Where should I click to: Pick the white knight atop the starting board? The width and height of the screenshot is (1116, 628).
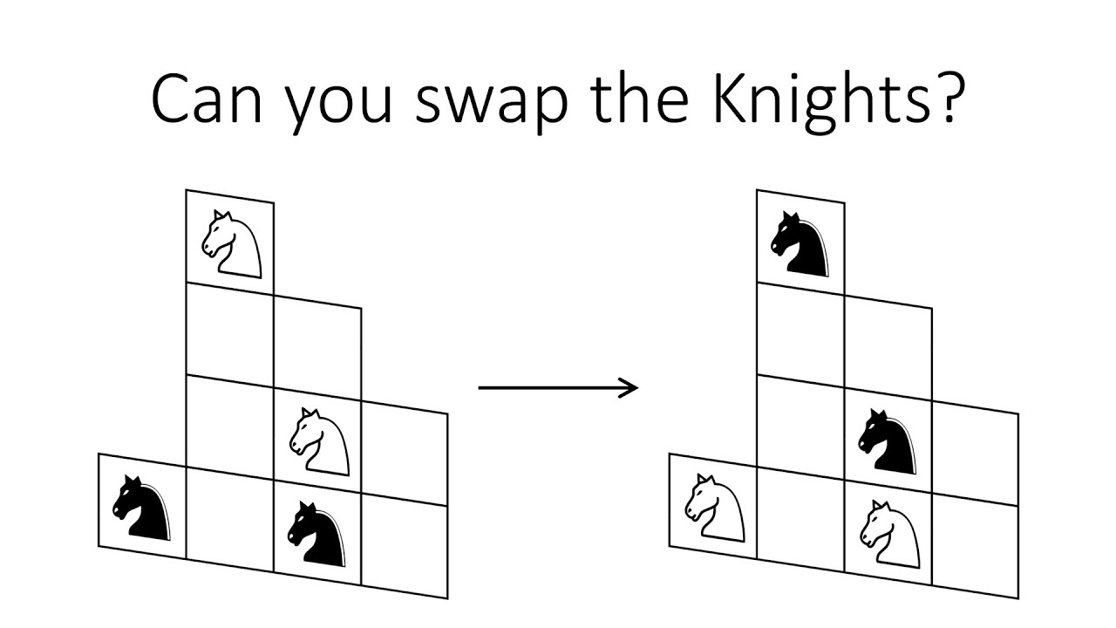231,244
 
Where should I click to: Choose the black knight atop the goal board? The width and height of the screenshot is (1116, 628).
800,243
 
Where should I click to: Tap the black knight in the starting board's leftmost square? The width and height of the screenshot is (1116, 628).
141,507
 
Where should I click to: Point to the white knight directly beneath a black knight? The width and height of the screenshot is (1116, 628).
888,533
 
